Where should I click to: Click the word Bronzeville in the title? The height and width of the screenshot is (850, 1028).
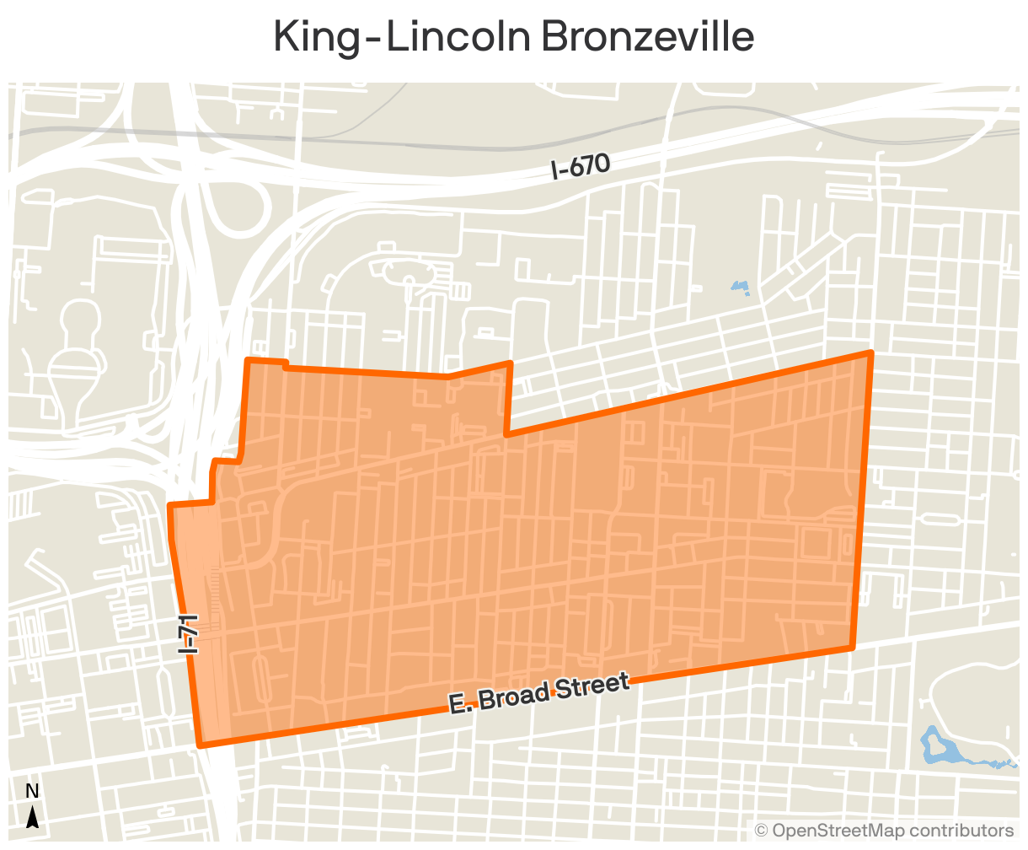647,37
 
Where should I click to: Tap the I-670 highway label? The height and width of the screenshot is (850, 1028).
580,166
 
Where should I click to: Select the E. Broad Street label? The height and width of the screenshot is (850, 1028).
539,693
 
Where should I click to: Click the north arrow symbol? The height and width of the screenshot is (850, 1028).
32,817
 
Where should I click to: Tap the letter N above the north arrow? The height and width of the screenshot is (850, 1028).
32,791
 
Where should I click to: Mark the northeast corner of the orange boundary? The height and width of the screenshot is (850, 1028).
870,352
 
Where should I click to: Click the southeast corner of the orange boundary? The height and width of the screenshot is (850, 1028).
852,648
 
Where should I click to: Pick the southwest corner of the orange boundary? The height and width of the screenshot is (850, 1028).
200,745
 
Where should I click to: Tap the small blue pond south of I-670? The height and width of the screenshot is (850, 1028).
740,287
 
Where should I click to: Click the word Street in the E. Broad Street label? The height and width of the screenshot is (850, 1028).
590,686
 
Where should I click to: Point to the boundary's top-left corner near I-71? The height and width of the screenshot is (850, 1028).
247,361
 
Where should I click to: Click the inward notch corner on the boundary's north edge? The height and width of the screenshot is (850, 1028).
506,435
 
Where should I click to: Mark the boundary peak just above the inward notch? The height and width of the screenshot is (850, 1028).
510,363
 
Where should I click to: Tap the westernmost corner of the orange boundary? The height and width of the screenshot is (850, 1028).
170,506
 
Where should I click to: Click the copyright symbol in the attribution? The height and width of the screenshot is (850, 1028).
761,831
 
